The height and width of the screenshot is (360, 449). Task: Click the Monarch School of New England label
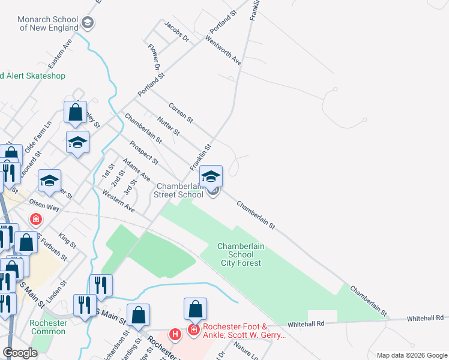tap(49, 23)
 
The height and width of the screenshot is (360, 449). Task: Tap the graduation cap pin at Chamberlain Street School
tap(211, 176)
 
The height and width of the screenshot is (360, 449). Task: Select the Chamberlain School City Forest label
tap(241, 254)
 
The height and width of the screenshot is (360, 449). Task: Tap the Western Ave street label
tap(118, 201)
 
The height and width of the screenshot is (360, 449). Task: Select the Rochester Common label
tap(48, 327)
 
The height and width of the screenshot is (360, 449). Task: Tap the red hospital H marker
tap(175, 334)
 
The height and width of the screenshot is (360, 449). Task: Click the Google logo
tap(20, 352)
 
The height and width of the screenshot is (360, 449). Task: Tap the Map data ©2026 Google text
tap(412, 355)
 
